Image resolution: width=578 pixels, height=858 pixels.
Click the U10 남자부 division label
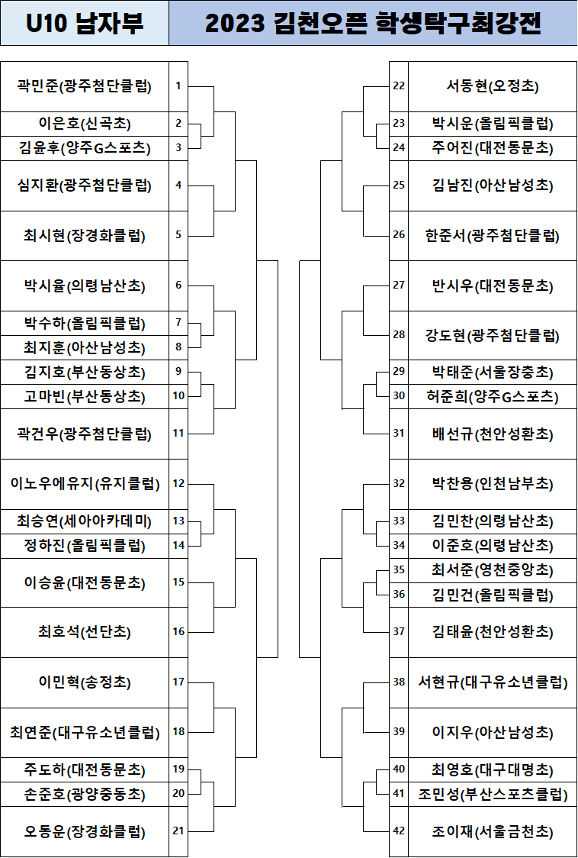click(x=84, y=24)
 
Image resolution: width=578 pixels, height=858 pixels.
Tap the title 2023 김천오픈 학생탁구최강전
click(x=373, y=24)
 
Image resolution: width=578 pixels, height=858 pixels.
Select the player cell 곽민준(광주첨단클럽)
click(x=84, y=85)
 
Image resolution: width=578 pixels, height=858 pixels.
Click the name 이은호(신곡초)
click(x=84, y=123)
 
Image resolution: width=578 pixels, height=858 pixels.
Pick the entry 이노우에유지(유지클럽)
click(x=84, y=483)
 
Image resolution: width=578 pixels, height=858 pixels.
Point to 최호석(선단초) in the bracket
click(x=84, y=631)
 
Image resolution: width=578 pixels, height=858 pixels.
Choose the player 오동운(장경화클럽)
click(x=84, y=831)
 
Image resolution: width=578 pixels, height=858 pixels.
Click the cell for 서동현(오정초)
click(x=493, y=85)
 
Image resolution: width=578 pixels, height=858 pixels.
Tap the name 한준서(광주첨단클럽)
click(x=493, y=235)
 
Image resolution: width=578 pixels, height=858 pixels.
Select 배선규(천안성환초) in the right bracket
click(x=493, y=434)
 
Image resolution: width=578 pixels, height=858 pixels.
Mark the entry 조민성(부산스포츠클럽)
click(x=493, y=794)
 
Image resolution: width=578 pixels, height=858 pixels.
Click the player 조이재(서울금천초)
click(x=493, y=831)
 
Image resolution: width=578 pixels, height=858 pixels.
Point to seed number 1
click(x=178, y=85)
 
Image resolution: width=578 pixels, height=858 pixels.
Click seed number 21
click(x=178, y=831)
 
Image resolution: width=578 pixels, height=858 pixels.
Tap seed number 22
click(x=399, y=85)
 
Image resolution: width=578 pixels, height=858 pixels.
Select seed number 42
click(x=399, y=831)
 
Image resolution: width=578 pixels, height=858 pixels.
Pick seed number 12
click(x=178, y=483)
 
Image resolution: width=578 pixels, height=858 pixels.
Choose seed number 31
click(x=399, y=434)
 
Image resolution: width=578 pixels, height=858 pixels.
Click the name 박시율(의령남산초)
click(x=84, y=285)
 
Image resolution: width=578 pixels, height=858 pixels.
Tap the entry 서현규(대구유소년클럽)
click(x=493, y=682)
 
